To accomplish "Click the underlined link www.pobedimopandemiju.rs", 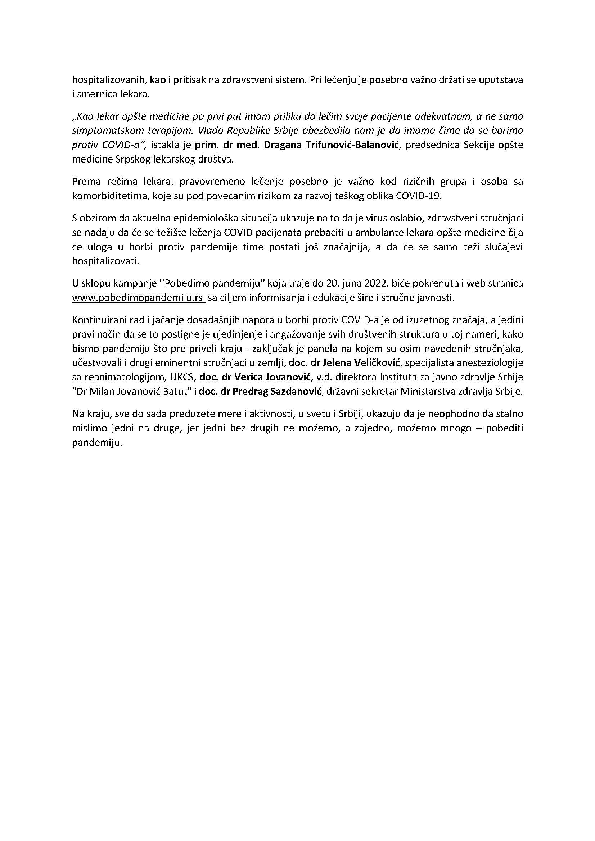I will click(x=138, y=298).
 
